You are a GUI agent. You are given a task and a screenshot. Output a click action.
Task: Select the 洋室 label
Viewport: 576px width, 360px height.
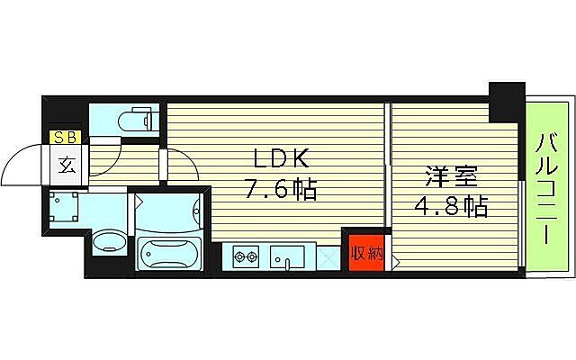pos(451,175)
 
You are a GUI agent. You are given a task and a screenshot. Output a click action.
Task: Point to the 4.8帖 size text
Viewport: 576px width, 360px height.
pos(452,207)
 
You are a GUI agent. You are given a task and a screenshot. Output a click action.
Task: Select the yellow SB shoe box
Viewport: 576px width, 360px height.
pos(65,138)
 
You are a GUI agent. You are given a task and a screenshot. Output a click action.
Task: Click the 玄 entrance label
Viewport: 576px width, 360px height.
pos(67,165)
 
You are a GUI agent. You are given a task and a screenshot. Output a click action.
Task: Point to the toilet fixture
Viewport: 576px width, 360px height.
pos(134,119)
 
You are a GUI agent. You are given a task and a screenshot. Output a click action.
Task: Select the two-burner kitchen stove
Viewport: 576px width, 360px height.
pos(246,257)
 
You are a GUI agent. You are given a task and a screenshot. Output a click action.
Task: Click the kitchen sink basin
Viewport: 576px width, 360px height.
pos(289,257)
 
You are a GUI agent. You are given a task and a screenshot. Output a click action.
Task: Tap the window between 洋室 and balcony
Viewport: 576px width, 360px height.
pos(523,222)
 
